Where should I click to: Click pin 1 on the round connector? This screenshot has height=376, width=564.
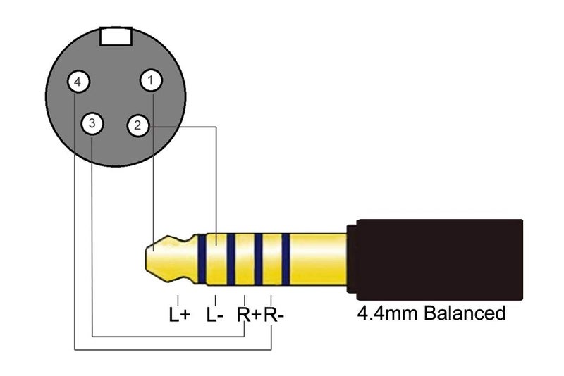point(151,80)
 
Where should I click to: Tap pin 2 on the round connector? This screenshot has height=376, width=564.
point(137,125)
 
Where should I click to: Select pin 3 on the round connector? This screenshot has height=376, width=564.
point(92,123)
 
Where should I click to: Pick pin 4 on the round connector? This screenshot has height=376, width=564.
point(78,82)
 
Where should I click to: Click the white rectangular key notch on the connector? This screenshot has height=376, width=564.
point(116,37)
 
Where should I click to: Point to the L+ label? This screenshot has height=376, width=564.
point(179,315)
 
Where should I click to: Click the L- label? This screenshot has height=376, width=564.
point(215,315)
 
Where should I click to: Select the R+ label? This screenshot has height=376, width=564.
point(248,315)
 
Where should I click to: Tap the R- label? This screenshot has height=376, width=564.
point(274,315)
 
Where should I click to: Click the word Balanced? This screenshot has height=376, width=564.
point(465,313)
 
